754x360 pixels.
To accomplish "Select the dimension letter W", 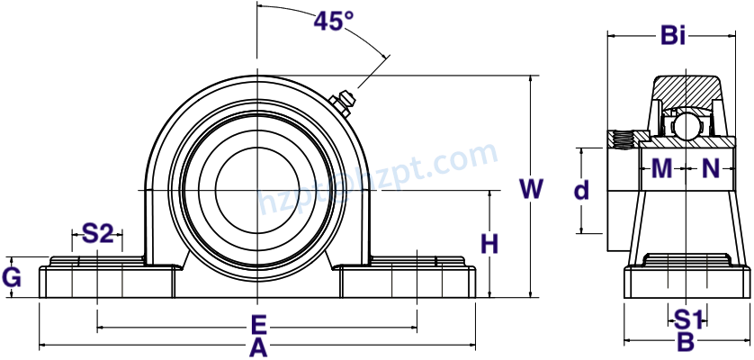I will (532, 189).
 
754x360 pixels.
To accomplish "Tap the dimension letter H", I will (489, 244).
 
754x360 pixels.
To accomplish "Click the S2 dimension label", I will (98, 234).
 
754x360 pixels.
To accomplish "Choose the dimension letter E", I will (257, 324).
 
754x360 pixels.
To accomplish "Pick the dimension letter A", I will (257, 347).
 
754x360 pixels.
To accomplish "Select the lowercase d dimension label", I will (582, 191).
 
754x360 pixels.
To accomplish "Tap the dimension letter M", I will (661, 168).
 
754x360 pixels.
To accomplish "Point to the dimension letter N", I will (711, 168).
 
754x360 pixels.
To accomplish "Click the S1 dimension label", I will (688, 319).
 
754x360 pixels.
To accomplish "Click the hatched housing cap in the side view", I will (686, 92).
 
